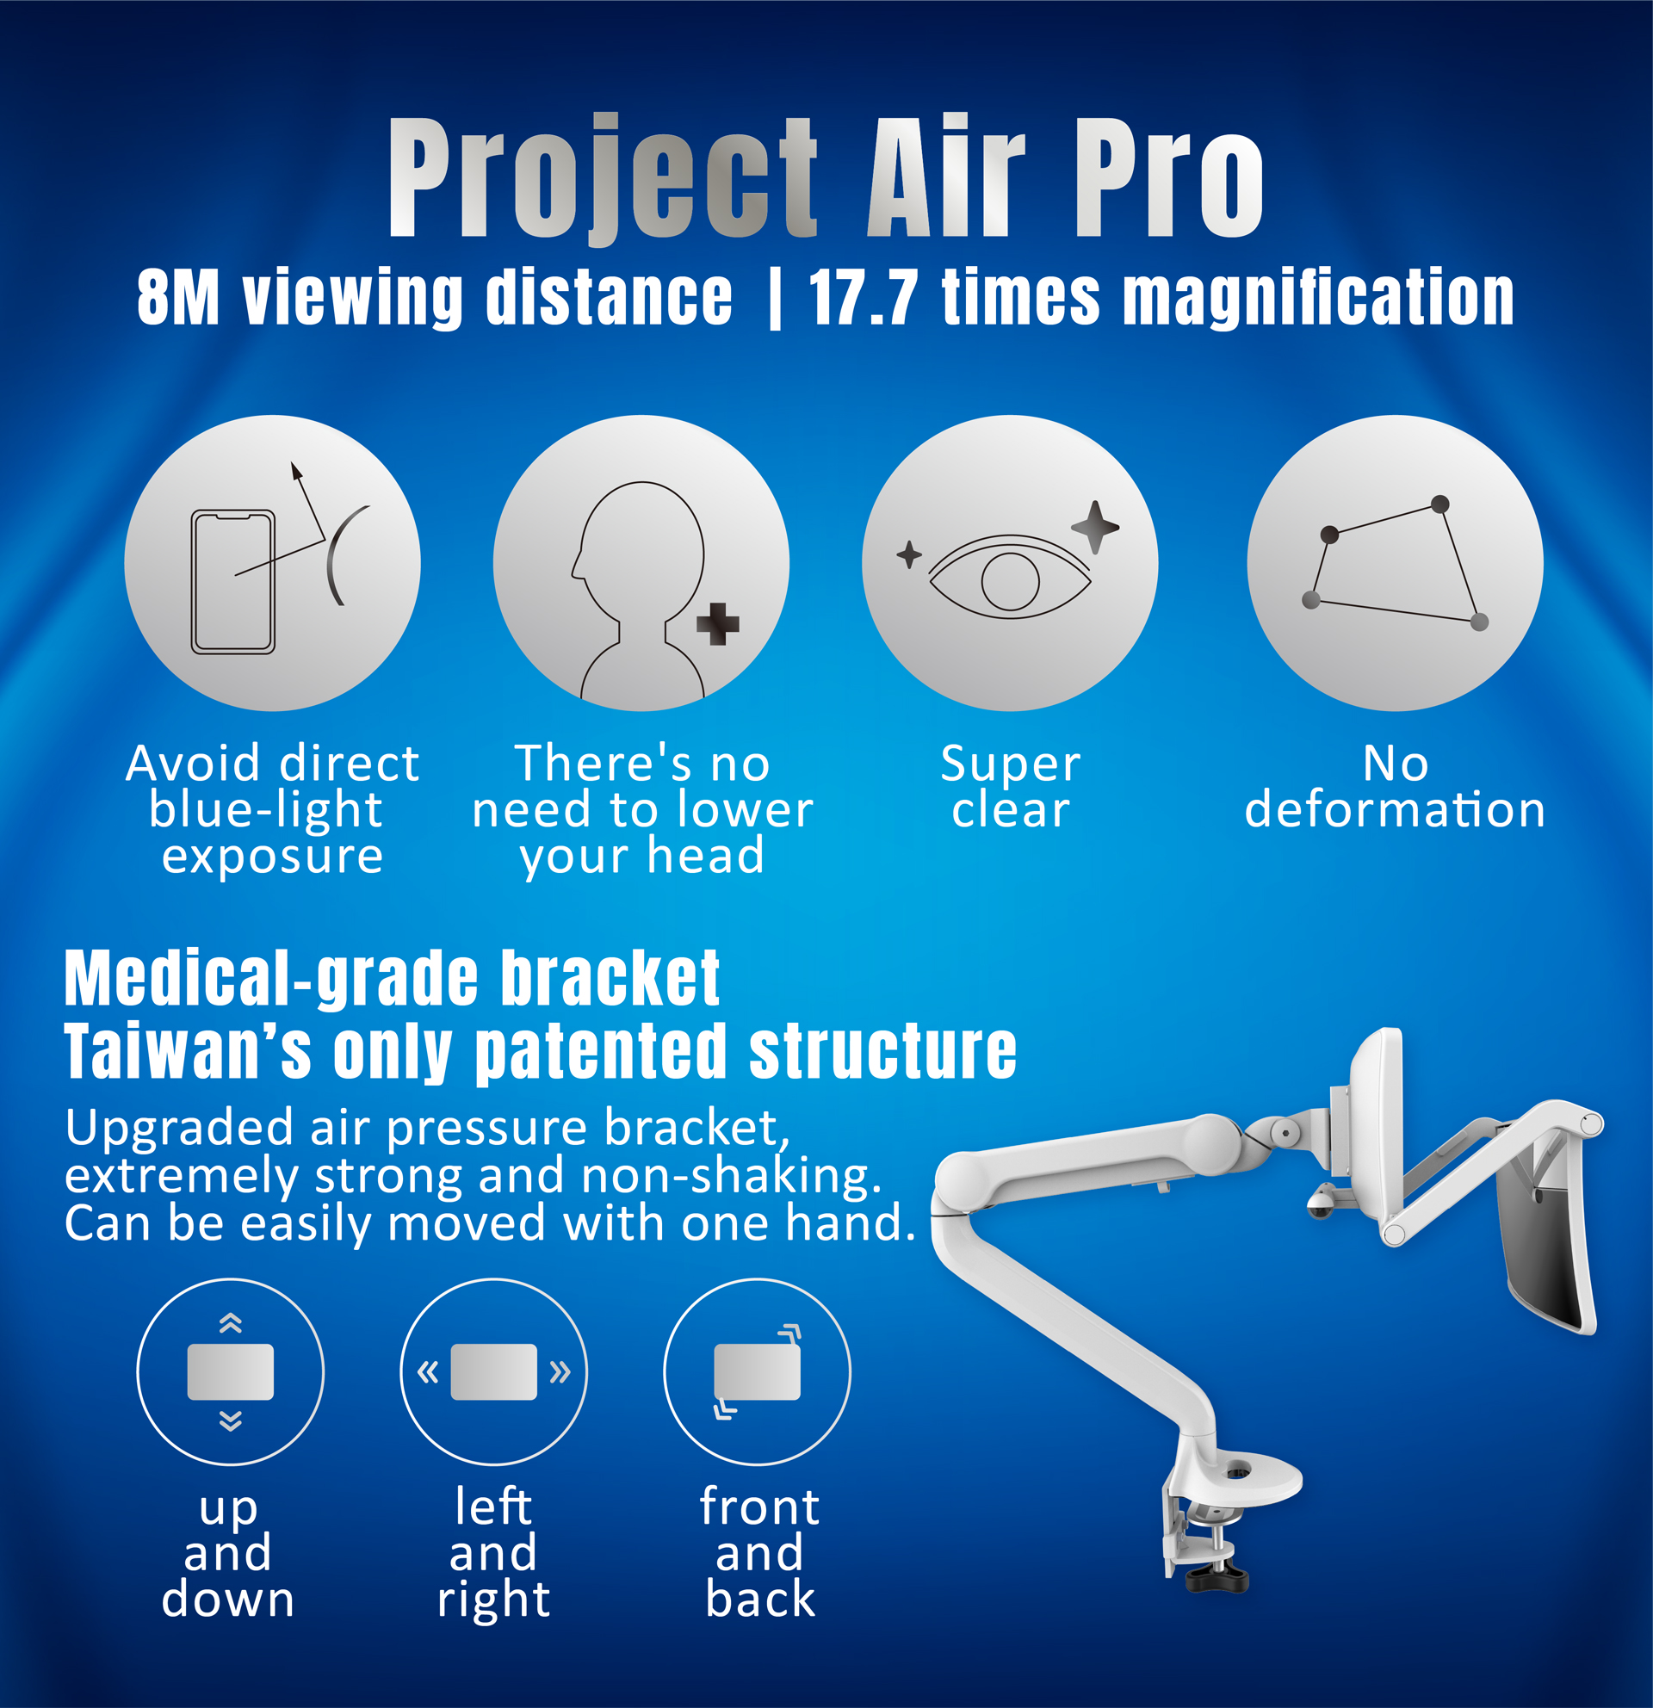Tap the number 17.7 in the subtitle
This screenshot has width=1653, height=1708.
click(x=863, y=298)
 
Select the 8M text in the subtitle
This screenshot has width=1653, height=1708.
click(x=177, y=298)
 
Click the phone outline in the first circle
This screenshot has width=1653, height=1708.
click(x=232, y=581)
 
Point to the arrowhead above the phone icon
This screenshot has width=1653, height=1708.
click(x=296, y=472)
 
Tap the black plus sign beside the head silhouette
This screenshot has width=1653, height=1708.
click(x=718, y=624)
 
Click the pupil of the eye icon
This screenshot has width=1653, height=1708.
click(x=1010, y=581)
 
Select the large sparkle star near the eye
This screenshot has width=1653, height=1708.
click(x=1095, y=527)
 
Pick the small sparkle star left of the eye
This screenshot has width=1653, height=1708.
click(x=909, y=554)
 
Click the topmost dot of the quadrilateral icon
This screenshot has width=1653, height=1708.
click(x=1439, y=504)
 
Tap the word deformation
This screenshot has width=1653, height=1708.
click(x=1394, y=809)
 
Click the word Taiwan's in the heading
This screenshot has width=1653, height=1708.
click(x=188, y=1052)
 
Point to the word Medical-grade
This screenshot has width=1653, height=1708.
click(x=271, y=978)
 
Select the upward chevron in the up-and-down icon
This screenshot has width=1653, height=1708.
click(x=230, y=1323)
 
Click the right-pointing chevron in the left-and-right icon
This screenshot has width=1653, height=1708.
click(x=560, y=1372)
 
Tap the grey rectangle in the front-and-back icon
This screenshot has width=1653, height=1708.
click(x=758, y=1372)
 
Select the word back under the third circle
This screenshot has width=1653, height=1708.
click(x=760, y=1598)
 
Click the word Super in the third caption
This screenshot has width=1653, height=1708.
click(x=1010, y=764)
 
